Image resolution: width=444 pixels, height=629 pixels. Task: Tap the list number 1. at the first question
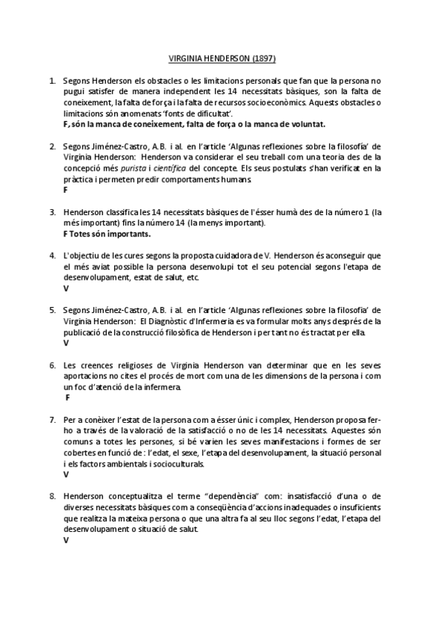[x=53, y=80]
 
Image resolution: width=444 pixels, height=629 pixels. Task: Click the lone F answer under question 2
[x=66, y=190]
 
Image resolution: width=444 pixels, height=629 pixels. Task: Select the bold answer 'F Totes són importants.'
[x=107, y=234]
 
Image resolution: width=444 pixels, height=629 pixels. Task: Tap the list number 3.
[x=53, y=211]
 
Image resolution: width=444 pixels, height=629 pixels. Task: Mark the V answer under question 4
[x=66, y=289]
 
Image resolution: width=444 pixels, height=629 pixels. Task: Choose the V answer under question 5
[x=66, y=343]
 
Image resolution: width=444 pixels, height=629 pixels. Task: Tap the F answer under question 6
[x=68, y=398]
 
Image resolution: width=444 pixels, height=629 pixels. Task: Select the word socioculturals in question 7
[x=174, y=464]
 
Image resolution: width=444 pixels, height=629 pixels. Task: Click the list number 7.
[x=53, y=420]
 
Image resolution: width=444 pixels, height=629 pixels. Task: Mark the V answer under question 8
[x=66, y=540]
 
